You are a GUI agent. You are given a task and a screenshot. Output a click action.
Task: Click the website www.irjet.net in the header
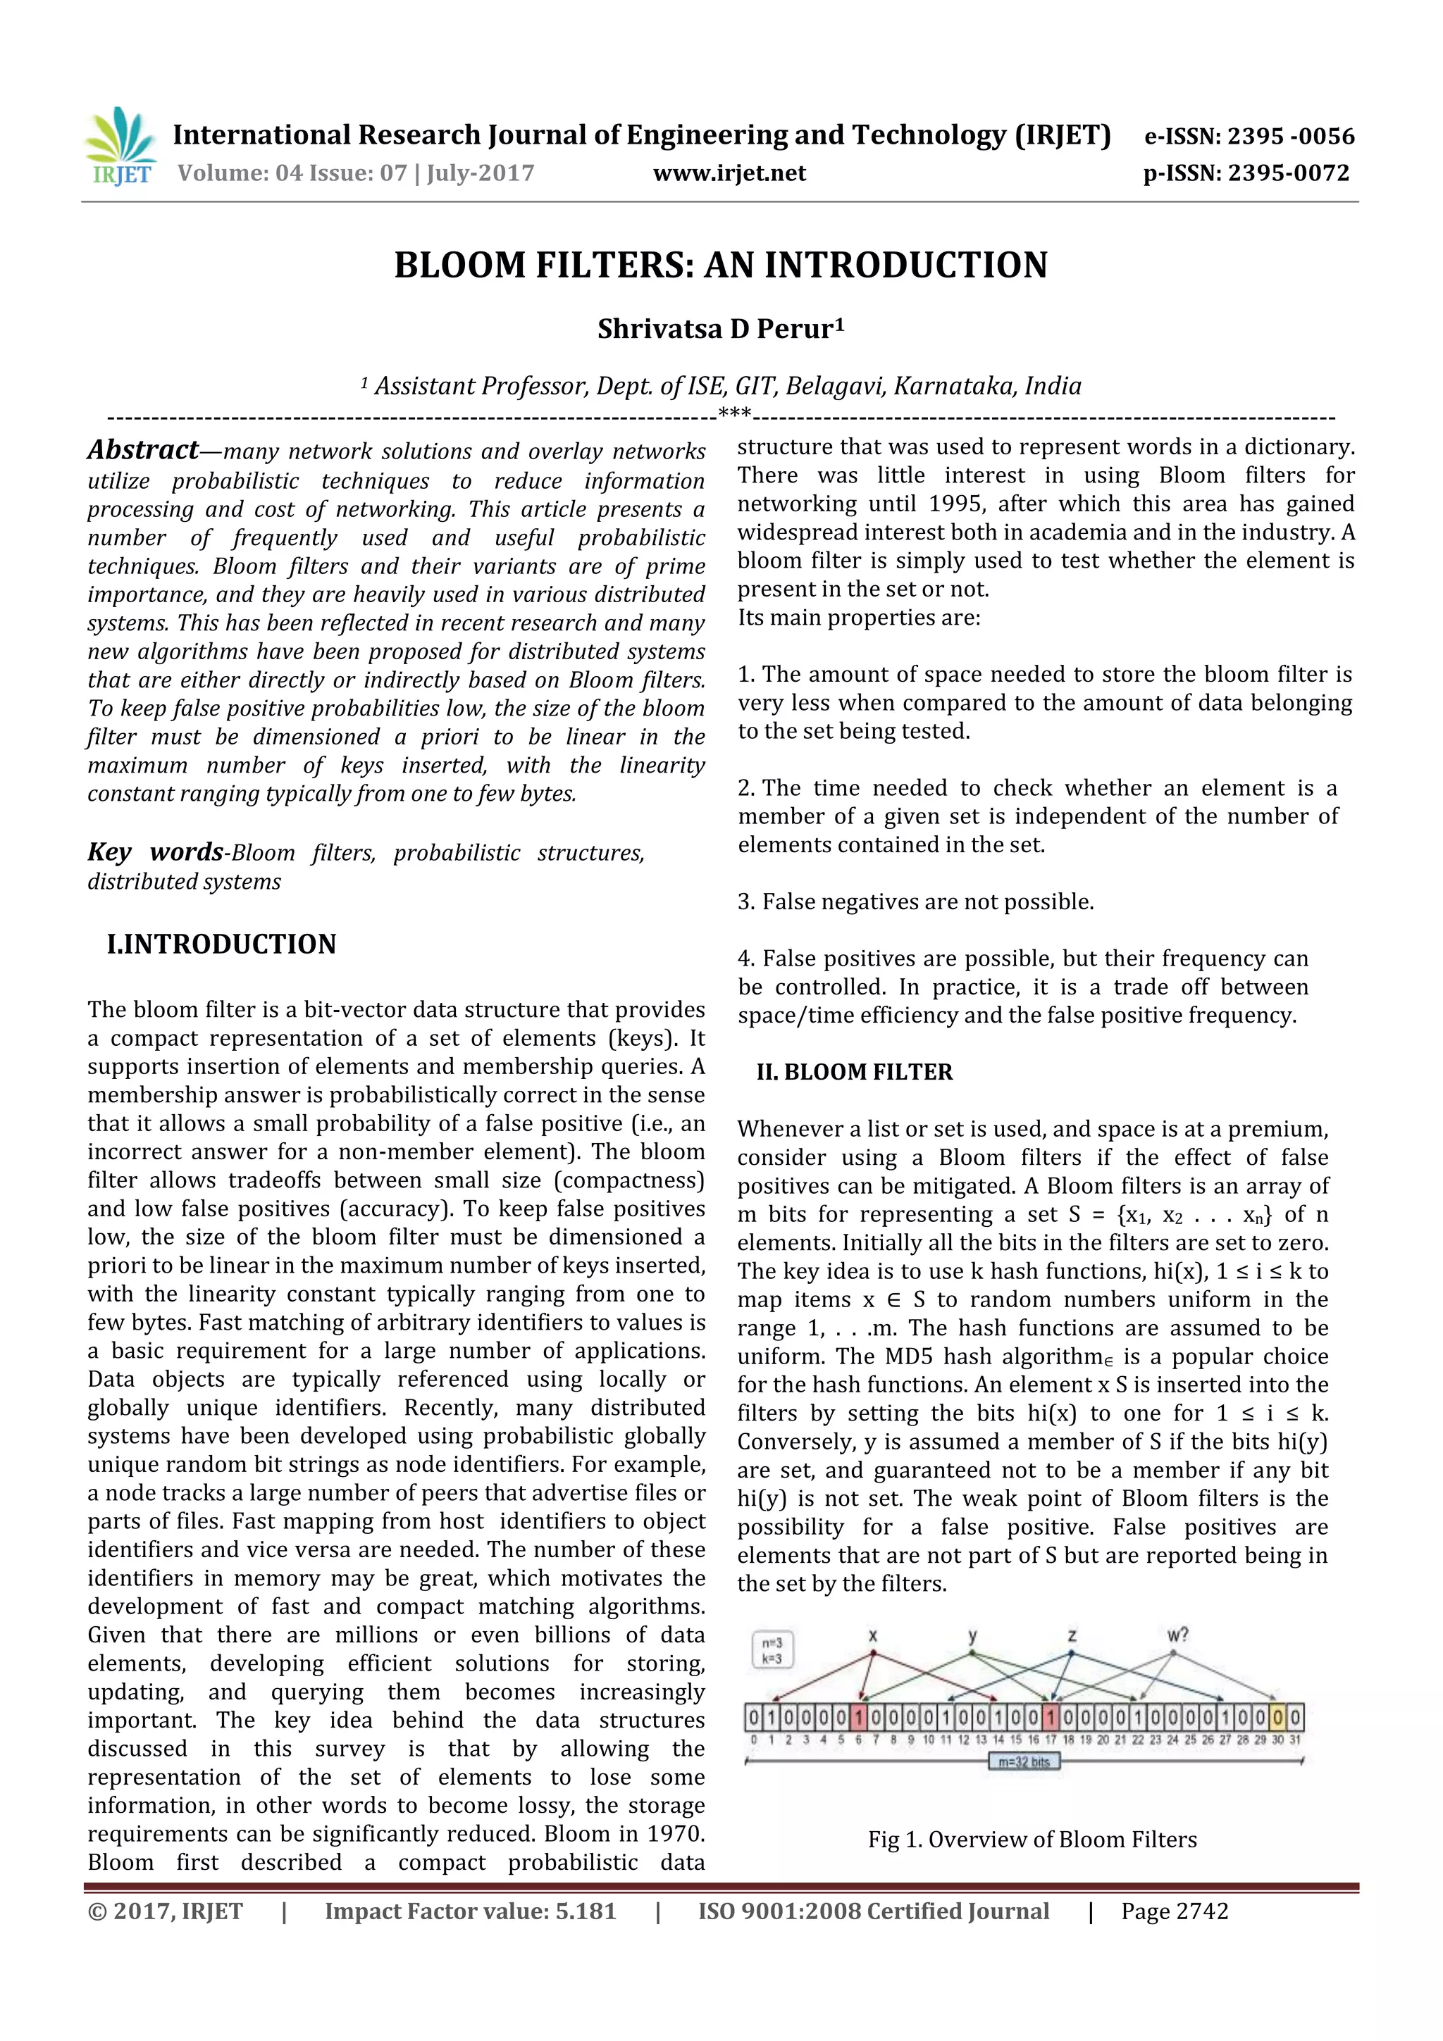pos(729,173)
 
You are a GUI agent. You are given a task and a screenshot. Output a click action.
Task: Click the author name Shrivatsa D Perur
pos(720,329)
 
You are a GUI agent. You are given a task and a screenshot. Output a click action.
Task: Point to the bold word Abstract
pos(142,450)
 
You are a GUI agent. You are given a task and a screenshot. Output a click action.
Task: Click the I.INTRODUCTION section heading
pos(221,944)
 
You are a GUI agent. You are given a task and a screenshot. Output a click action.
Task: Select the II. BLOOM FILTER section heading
pos(853,1072)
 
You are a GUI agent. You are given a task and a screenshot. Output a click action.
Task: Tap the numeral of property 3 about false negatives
pos(745,902)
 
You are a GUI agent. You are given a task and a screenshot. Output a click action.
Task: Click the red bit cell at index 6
pos(859,1718)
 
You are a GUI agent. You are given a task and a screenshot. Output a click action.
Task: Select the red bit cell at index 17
pos(1051,1718)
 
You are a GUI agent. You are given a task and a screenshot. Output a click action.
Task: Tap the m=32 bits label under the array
pos(1024,1762)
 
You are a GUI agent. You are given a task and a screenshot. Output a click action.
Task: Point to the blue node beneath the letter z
pos(1072,1654)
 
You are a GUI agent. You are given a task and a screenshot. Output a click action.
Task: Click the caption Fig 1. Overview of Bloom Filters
pos(1032,1839)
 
